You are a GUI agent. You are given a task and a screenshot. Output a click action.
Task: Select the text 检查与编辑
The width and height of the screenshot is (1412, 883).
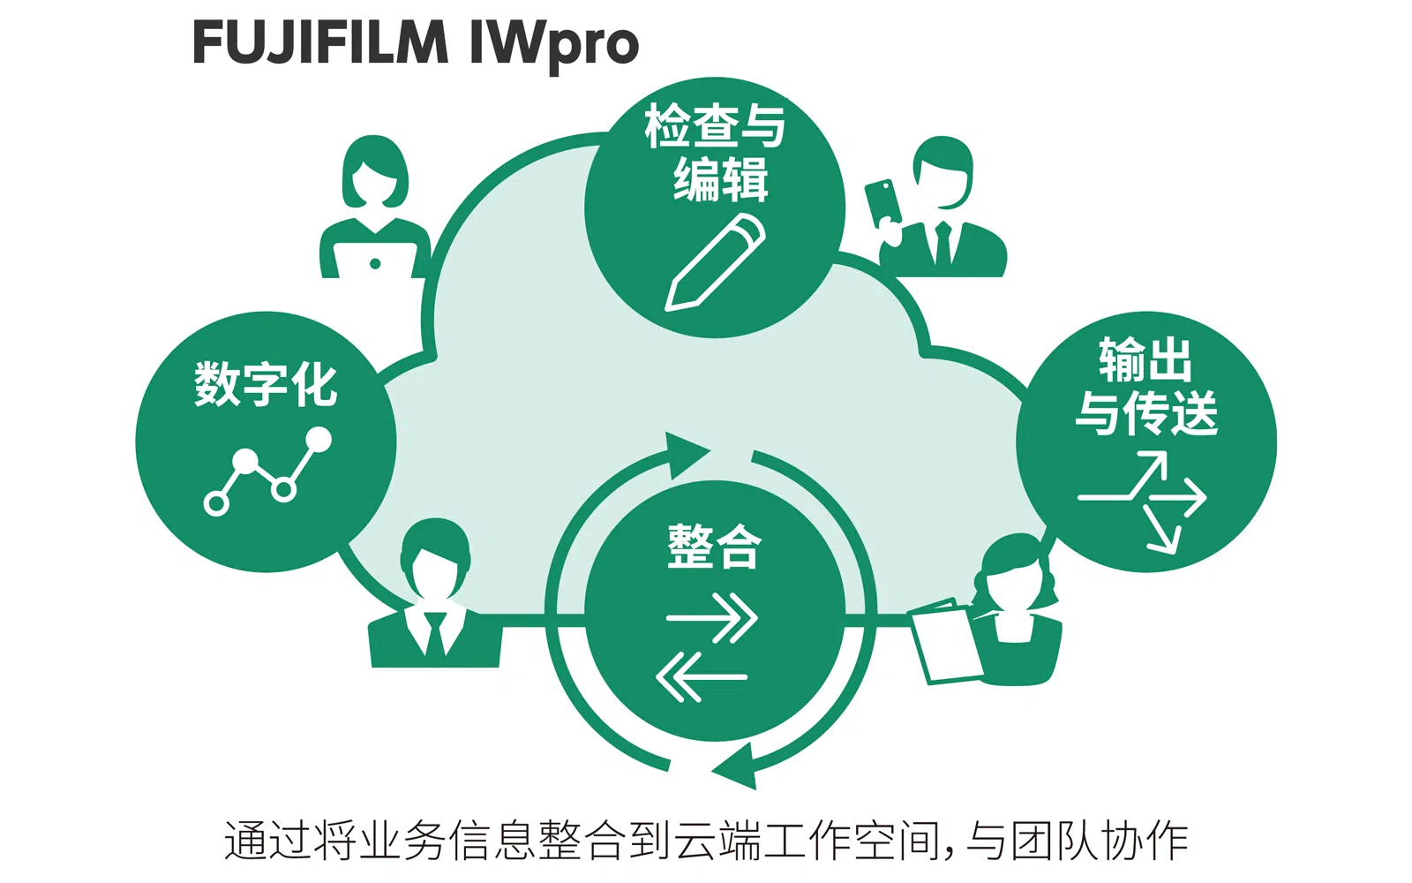pos(716,152)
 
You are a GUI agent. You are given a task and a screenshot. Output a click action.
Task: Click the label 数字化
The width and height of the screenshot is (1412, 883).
pos(266,384)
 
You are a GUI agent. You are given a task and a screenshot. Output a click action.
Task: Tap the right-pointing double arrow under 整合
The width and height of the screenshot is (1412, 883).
pos(713,617)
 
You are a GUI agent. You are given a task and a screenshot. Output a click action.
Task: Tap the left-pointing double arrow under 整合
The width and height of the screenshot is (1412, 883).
pos(702,677)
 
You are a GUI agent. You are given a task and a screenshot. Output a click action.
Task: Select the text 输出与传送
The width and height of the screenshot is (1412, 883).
pos(1145,386)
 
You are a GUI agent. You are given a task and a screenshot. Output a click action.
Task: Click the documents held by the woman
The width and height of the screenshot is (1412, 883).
pos(945,642)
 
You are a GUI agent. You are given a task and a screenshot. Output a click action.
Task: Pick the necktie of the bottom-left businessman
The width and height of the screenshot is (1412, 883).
pos(435,633)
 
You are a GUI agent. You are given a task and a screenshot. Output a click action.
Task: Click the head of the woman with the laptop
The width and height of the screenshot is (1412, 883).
pos(375,172)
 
